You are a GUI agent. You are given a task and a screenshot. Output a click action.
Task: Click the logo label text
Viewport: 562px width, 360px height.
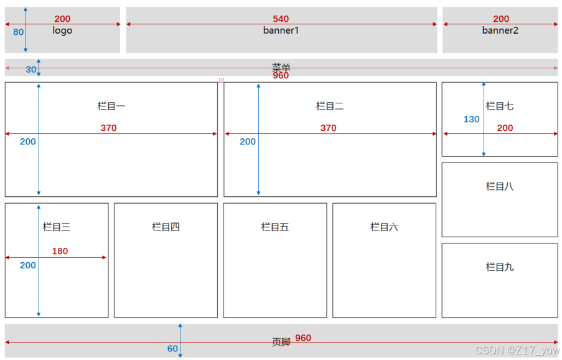(62, 31)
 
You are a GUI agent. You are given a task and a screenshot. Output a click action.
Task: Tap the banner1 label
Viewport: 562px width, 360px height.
(281, 31)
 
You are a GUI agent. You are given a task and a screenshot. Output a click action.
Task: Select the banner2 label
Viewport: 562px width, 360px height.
(500, 31)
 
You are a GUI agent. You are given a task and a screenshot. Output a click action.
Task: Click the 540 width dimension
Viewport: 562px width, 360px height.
(281, 19)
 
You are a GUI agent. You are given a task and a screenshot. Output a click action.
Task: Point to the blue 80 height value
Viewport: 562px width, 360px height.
(18, 32)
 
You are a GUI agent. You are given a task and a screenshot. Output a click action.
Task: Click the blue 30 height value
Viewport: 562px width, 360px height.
(31, 70)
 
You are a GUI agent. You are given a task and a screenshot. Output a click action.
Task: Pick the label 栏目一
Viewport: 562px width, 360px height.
(111, 107)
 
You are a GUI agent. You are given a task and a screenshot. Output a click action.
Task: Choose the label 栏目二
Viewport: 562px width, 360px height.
(330, 107)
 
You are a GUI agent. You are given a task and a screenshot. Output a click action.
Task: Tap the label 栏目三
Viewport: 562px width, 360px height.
(57, 227)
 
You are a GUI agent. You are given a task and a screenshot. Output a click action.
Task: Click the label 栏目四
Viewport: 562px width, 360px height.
(166, 227)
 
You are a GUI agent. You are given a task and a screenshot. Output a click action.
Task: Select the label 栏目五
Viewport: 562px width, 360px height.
(275, 227)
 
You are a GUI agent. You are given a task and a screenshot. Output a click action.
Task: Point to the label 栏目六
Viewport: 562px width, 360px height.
(384, 227)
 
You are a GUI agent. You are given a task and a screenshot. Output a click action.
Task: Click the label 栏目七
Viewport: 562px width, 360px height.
(500, 107)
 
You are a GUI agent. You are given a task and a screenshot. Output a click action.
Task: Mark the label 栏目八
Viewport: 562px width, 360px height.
(500, 186)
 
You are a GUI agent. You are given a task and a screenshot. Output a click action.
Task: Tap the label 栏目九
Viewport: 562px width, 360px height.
(500, 267)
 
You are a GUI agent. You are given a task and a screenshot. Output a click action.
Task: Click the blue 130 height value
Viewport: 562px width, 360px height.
(472, 119)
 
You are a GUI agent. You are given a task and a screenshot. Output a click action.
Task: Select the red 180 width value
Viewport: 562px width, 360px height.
(60, 252)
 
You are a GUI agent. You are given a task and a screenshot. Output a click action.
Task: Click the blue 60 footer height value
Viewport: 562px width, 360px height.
(172, 349)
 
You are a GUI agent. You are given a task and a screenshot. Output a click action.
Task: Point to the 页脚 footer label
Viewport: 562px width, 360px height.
(281, 342)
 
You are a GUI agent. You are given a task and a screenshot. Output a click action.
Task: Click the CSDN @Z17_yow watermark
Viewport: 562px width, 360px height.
(517, 351)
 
